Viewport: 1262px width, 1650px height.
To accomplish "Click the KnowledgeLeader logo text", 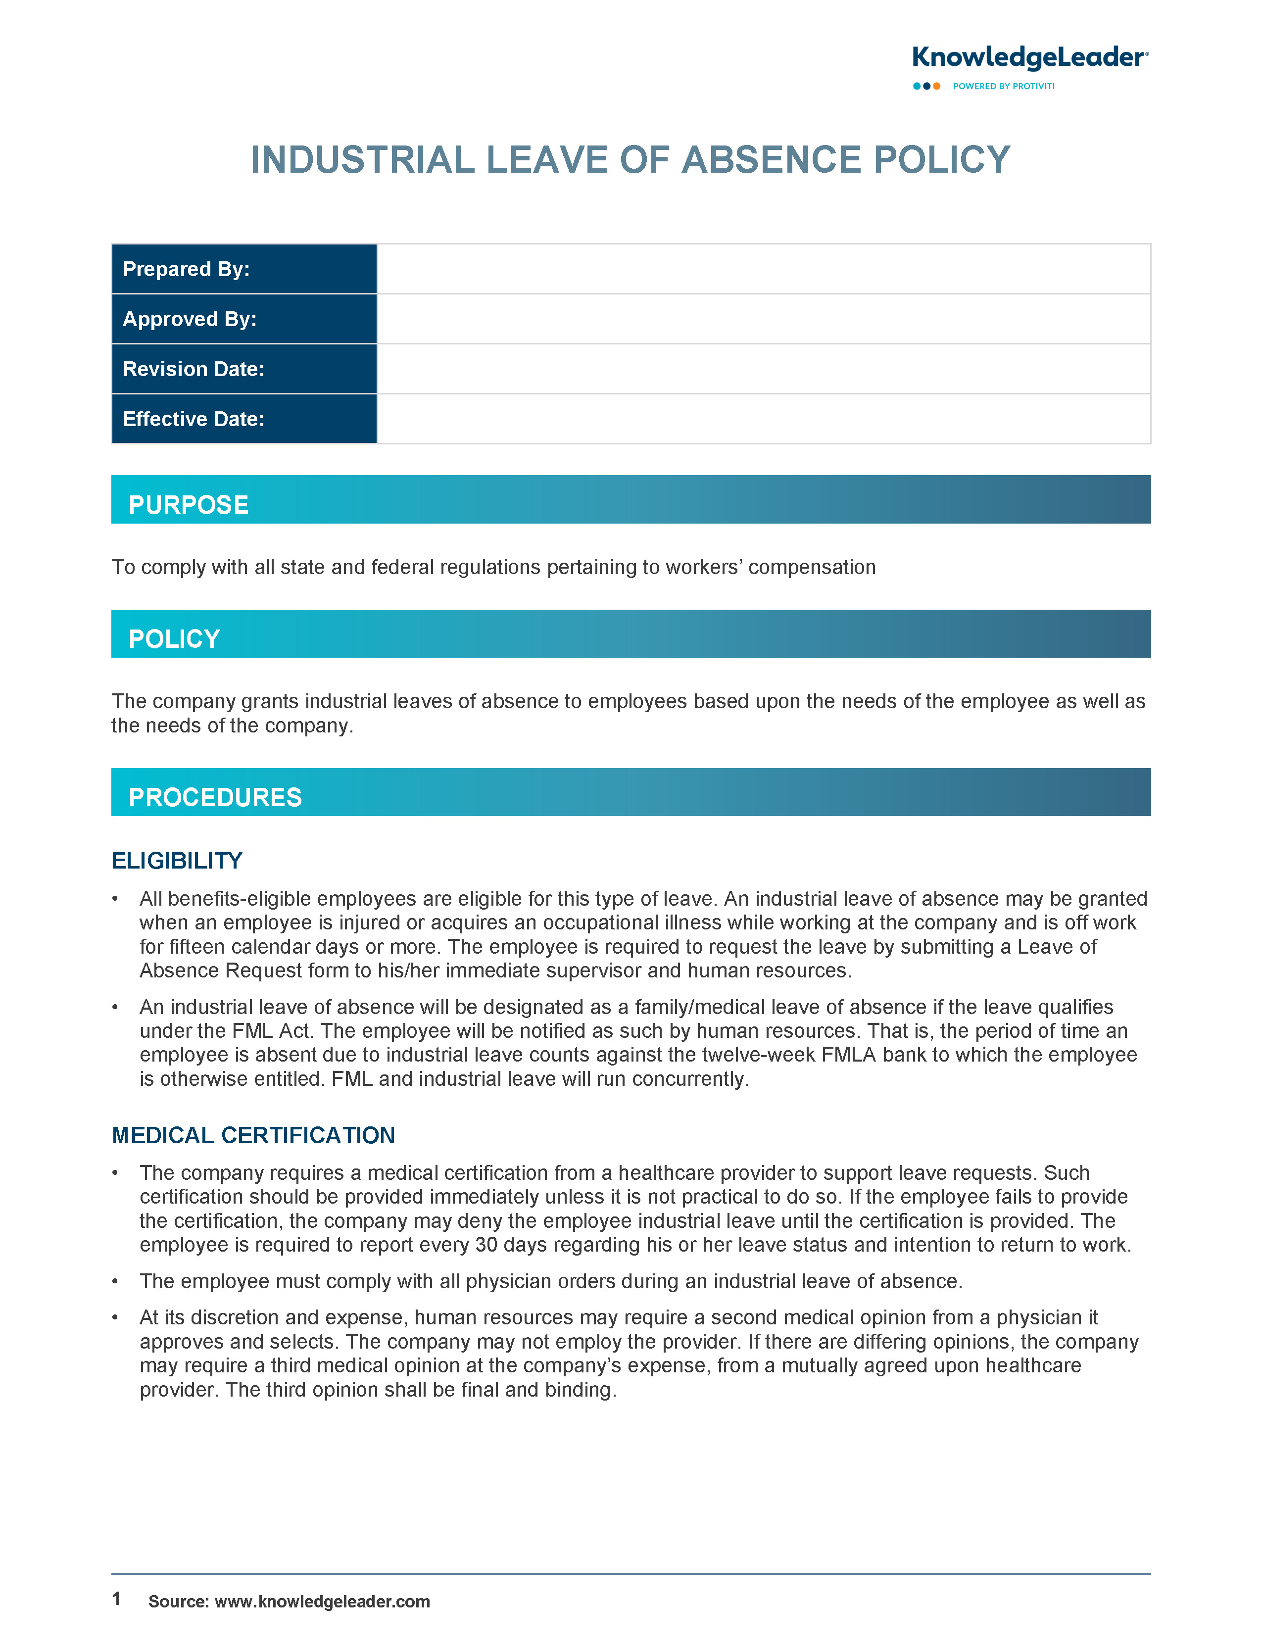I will click(x=1029, y=58).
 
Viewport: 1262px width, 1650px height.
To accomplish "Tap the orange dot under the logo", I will click(x=937, y=87).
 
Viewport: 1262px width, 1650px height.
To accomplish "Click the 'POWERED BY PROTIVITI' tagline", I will click(x=1004, y=87).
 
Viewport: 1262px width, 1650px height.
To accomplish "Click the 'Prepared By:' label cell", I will click(x=243, y=269).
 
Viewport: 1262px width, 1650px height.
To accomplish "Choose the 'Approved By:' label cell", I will click(x=243, y=319).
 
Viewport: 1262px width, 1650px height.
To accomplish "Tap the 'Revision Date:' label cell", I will click(x=243, y=369).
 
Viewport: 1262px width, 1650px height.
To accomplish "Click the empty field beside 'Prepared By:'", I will click(x=763, y=269).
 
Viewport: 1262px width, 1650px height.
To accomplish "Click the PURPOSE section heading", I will click(x=189, y=505).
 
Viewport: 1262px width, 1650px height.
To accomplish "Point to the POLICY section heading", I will click(x=174, y=639).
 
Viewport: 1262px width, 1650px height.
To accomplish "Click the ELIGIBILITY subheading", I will click(x=177, y=861).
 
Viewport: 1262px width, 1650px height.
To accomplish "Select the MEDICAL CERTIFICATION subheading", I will click(x=253, y=1135).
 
